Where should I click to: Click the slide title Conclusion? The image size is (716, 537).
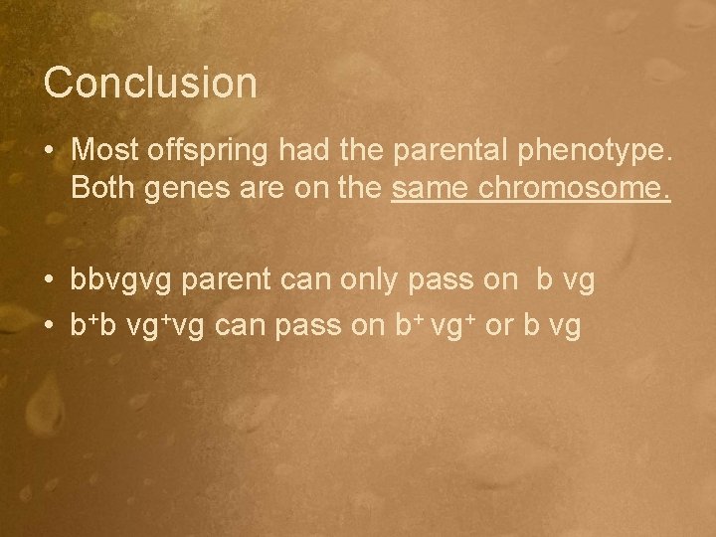150,83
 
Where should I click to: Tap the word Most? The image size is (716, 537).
103,150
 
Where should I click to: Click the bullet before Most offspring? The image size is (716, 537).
49,151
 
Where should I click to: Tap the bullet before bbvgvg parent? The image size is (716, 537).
49,281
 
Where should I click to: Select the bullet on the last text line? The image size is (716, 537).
49,325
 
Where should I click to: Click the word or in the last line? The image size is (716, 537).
498,325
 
